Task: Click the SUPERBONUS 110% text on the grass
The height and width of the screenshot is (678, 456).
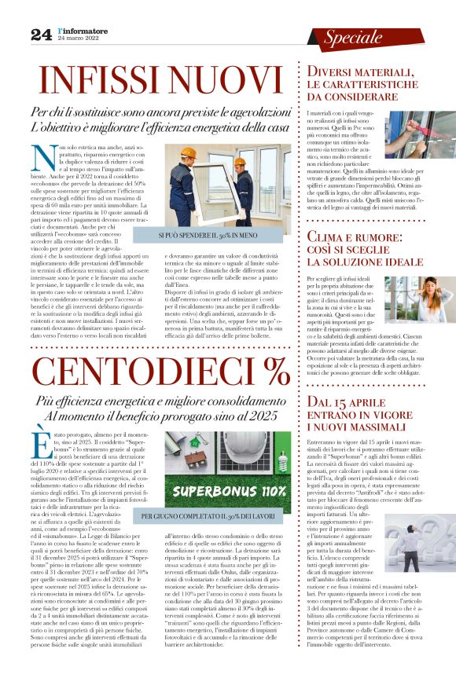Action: (230, 490)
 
